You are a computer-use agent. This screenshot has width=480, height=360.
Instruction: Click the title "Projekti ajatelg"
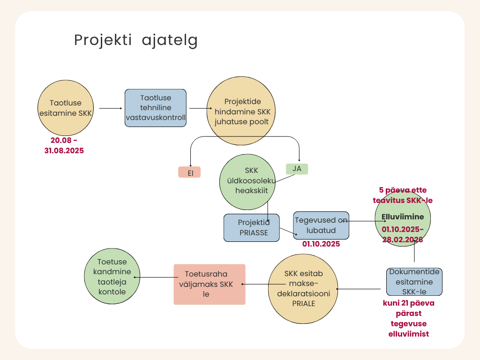coord(135,40)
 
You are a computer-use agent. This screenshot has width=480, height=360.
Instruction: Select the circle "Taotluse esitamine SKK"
coord(66,108)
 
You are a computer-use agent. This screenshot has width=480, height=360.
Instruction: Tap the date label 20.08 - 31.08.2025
coord(64,145)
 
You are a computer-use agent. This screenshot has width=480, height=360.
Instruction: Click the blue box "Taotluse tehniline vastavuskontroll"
coord(156,108)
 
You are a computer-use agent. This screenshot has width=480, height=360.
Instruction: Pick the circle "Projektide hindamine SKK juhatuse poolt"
coord(241,111)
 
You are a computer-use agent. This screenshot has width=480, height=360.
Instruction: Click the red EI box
coord(189,172)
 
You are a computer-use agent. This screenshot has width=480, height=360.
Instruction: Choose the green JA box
coord(297,169)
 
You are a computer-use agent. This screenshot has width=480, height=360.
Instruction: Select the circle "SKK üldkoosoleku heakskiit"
coord(247,182)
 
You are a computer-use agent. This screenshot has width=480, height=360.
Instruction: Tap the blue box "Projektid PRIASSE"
coord(252,228)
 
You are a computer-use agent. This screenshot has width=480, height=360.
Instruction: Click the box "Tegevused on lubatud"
coord(321,225)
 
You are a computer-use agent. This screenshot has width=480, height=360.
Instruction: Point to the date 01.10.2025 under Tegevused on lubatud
coord(321,244)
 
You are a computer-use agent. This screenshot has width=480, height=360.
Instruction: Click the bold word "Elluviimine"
coord(403,217)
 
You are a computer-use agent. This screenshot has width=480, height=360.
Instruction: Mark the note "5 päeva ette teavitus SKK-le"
coord(403,195)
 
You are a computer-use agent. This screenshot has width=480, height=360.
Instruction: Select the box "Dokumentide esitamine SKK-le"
coord(414,282)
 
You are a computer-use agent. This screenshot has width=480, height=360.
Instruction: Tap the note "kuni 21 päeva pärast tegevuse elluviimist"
coord(409,318)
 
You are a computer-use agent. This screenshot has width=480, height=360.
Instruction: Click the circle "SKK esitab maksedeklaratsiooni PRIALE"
coord(303,289)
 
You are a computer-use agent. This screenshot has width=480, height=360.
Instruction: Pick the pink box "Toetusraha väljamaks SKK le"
coord(210,285)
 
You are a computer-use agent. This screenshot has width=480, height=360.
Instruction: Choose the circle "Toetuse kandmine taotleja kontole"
coord(112,276)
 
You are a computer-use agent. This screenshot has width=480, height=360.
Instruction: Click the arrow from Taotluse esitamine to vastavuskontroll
coord(111,108)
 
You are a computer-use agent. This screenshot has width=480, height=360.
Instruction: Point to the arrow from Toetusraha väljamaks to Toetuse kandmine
coord(156,277)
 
